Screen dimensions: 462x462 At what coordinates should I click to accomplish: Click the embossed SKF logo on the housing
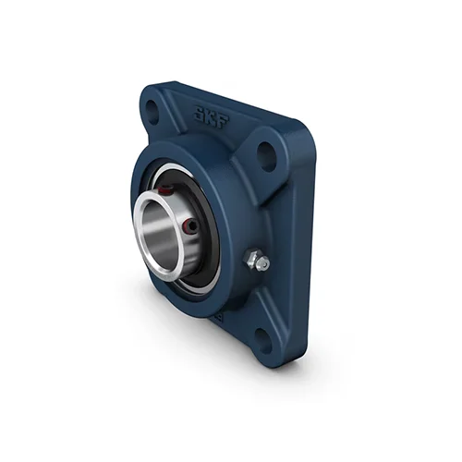pyautogui.click(x=212, y=118)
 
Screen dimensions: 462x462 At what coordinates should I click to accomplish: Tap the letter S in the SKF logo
pyautogui.click(x=199, y=114)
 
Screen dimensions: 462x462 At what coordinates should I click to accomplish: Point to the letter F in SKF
pyautogui.click(x=224, y=123)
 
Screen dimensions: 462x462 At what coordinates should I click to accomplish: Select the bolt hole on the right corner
pyautogui.click(x=266, y=156)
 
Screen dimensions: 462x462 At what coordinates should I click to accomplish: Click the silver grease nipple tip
pyautogui.click(x=263, y=263)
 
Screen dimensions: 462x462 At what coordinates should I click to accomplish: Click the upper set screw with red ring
pyautogui.click(x=166, y=191)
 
